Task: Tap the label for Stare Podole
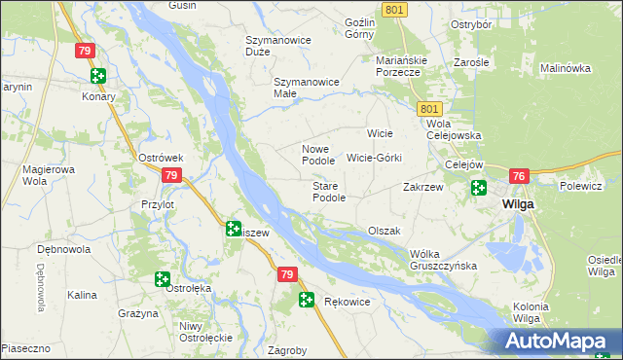pos(329,192)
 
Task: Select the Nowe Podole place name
pos(318,155)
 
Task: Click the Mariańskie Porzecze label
pos(398,65)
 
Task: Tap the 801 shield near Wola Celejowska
pos(431,109)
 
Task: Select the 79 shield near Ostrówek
pos(170,175)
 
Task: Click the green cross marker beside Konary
pos(97,75)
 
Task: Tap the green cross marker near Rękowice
pos(307,301)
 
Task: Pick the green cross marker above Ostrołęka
pos(162,279)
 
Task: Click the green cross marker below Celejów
pos(478,188)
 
